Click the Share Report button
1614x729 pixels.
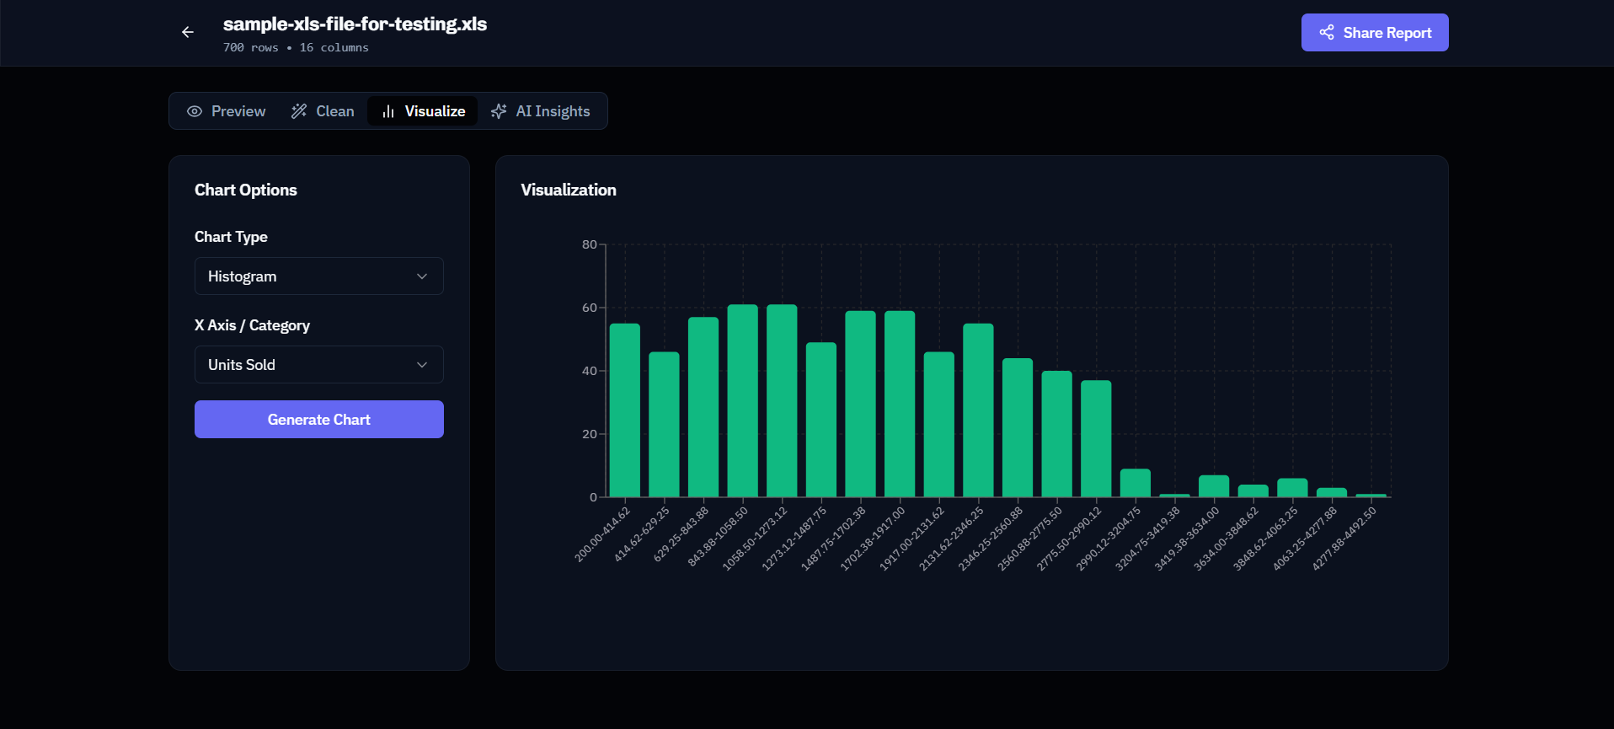coord(1374,33)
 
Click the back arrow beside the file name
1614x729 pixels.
coord(188,32)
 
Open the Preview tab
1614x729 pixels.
coord(227,111)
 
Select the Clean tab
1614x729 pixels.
coord(323,111)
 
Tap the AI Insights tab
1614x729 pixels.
coord(541,111)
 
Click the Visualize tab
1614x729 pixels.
coord(423,111)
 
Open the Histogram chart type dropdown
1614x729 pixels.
coord(318,276)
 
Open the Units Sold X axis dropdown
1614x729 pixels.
coord(318,365)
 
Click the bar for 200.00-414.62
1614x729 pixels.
coord(624,410)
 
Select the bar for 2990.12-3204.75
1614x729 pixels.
coord(1135,484)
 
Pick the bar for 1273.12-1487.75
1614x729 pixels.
coord(820,420)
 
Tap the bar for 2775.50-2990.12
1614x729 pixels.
coord(1096,438)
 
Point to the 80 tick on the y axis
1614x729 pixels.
coord(589,244)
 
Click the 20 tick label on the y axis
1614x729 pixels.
coord(589,434)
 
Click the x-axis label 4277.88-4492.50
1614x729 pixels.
coord(1344,539)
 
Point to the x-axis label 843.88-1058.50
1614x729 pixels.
coord(718,537)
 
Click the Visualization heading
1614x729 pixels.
coord(568,190)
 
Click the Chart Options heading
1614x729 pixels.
coord(245,190)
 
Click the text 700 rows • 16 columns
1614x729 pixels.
coord(296,48)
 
